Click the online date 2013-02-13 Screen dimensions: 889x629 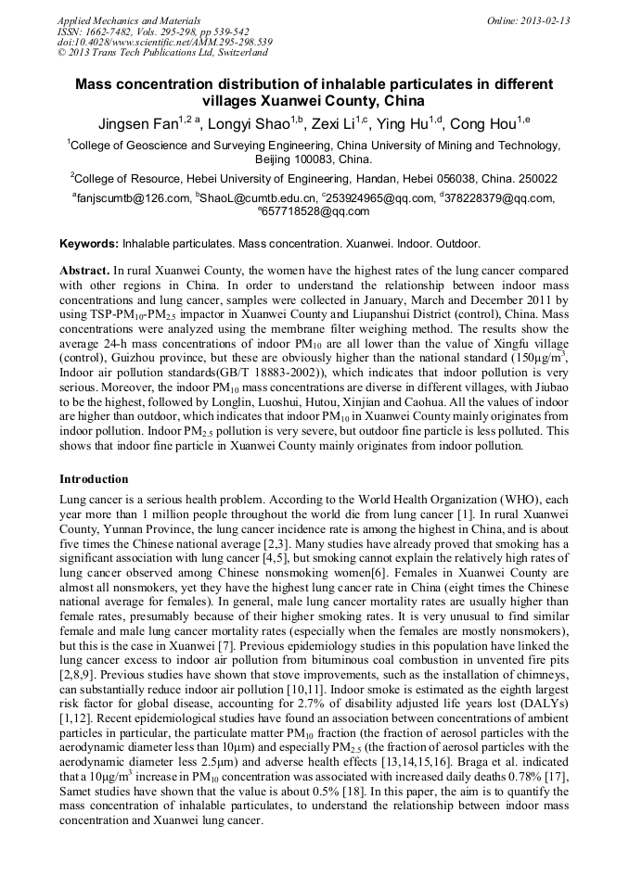[546, 20]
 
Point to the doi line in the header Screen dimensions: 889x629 [164, 43]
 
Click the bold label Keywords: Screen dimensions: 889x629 [89, 244]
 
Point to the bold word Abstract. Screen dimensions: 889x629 [84, 269]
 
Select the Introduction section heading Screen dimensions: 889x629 [94, 479]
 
